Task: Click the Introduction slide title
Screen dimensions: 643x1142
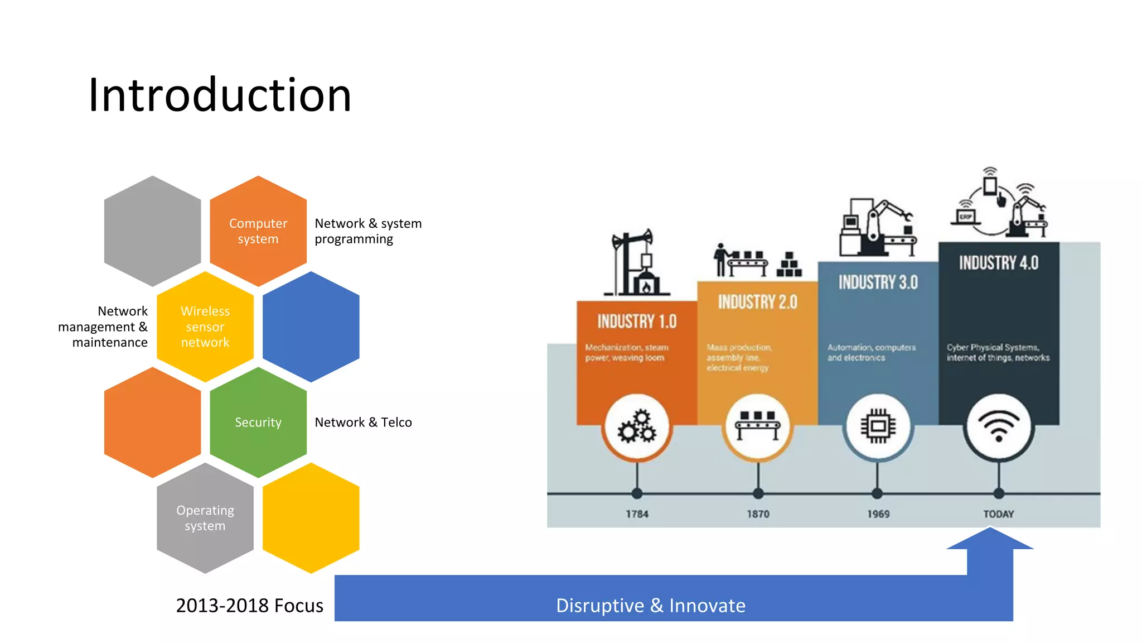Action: pyautogui.click(x=220, y=95)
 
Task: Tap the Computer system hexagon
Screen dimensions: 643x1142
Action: pyautogui.click(x=258, y=231)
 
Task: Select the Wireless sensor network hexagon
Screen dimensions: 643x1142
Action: pyautogui.click(x=205, y=327)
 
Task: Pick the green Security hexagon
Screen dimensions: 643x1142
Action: pyautogui.click(x=258, y=423)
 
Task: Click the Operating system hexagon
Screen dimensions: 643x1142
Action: pyautogui.click(x=205, y=518)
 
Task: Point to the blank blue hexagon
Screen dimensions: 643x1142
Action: pyautogui.click(x=311, y=327)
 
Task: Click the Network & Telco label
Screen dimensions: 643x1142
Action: pyautogui.click(x=363, y=423)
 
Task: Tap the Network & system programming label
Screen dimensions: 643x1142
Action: pyautogui.click(x=368, y=231)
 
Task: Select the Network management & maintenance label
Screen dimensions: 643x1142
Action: pyautogui.click(x=103, y=327)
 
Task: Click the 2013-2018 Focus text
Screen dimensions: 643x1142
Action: pyautogui.click(x=249, y=606)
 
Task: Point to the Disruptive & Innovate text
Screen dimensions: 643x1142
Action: pyautogui.click(x=650, y=606)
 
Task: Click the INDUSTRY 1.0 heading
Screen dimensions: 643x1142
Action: pyautogui.click(x=637, y=321)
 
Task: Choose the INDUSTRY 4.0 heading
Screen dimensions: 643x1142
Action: pyautogui.click(x=999, y=263)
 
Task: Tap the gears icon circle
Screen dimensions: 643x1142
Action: pyautogui.click(x=637, y=427)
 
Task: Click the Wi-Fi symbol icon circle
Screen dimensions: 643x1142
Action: pyautogui.click(x=999, y=427)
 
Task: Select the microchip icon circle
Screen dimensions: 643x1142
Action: pyautogui.click(x=878, y=427)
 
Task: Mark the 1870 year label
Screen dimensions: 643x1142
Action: pyautogui.click(x=758, y=514)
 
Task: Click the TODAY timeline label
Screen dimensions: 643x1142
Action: pyautogui.click(x=999, y=514)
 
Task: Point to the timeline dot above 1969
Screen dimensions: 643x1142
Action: pyautogui.click(x=877, y=493)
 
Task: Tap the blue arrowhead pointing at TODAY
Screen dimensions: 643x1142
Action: pyautogui.click(x=990, y=540)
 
